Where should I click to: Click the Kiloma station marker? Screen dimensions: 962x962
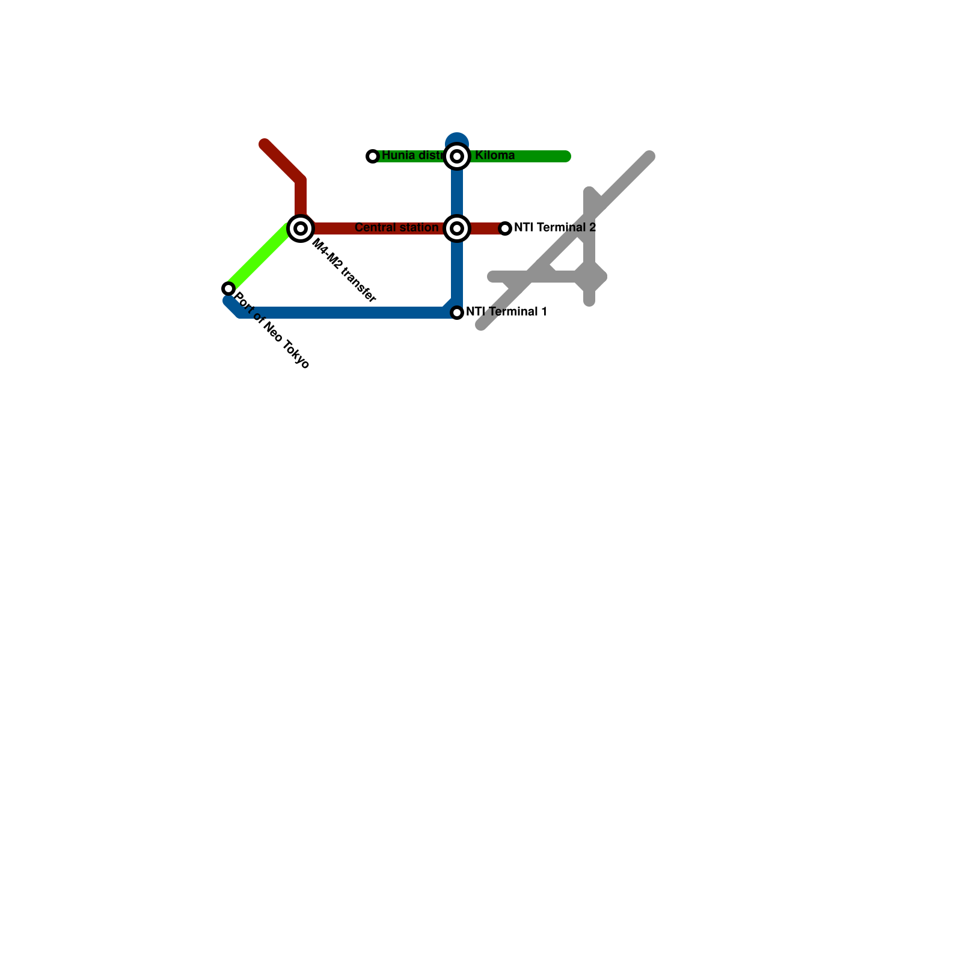pyautogui.click(x=457, y=156)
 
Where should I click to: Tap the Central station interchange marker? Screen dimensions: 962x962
pyautogui.click(x=457, y=228)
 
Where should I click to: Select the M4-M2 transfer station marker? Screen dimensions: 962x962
pyautogui.click(x=301, y=228)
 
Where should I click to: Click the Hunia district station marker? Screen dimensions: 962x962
pyautogui.click(x=373, y=156)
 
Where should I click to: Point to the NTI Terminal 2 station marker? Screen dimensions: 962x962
pyautogui.click(x=505, y=228)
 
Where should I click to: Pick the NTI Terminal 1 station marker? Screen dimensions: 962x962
pyautogui.click(x=457, y=313)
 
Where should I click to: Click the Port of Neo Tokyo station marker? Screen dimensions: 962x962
pyautogui.click(x=228, y=289)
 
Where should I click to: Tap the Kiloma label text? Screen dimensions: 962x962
pyautogui.click(x=494, y=156)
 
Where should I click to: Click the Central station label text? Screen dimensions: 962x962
pyautogui.click(x=396, y=228)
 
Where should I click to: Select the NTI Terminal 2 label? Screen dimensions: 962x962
pyautogui.click(x=554, y=228)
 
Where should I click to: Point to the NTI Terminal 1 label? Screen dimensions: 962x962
pyautogui.click(x=506, y=312)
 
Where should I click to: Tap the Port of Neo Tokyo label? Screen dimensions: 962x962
pyautogui.click(x=272, y=331)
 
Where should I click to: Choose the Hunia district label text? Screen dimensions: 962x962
pyautogui.click(x=412, y=156)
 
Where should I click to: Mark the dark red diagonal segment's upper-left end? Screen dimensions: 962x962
pyautogui.click(x=265, y=144)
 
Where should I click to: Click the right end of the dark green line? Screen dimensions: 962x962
pyautogui.click(x=566, y=156)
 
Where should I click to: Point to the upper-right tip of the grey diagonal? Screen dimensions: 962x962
pyautogui.click(x=649, y=156)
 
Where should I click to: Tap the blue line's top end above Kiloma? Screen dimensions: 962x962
pyautogui.click(x=457, y=139)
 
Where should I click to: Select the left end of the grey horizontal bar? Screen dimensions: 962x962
pyautogui.click(x=492, y=277)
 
